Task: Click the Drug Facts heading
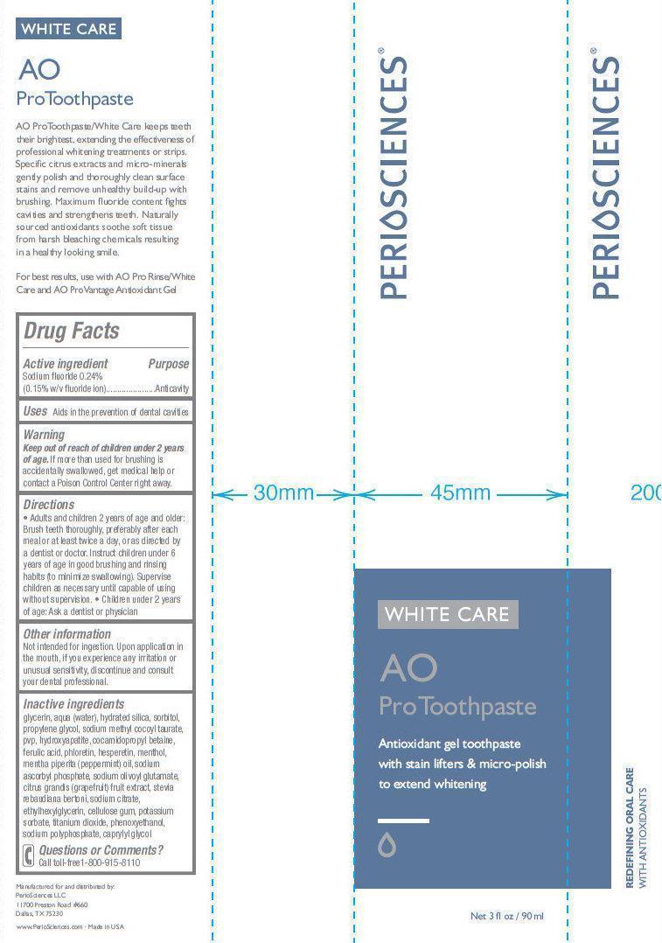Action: pos(71,331)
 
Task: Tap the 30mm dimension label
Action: pos(283,493)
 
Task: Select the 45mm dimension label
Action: pos(460,493)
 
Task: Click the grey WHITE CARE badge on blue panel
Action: pos(448,614)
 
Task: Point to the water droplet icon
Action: pos(387,844)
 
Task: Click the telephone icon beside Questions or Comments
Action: pos(29,856)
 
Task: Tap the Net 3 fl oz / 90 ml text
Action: pos(506,916)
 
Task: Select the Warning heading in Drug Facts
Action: pos(44,435)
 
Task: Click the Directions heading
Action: pos(49,505)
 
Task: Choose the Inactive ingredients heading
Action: pos(73,703)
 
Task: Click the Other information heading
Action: pos(66,634)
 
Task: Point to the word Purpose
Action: pos(168,364)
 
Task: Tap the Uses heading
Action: pos(35,411)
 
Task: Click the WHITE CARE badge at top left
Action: pos(68,29)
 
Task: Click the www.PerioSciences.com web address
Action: pos(50,926)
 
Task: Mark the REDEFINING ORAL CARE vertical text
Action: pos(631,828)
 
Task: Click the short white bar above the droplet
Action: pos(403,821)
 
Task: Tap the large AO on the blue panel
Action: pos(408,668)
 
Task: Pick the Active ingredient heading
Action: pos(66,364)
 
